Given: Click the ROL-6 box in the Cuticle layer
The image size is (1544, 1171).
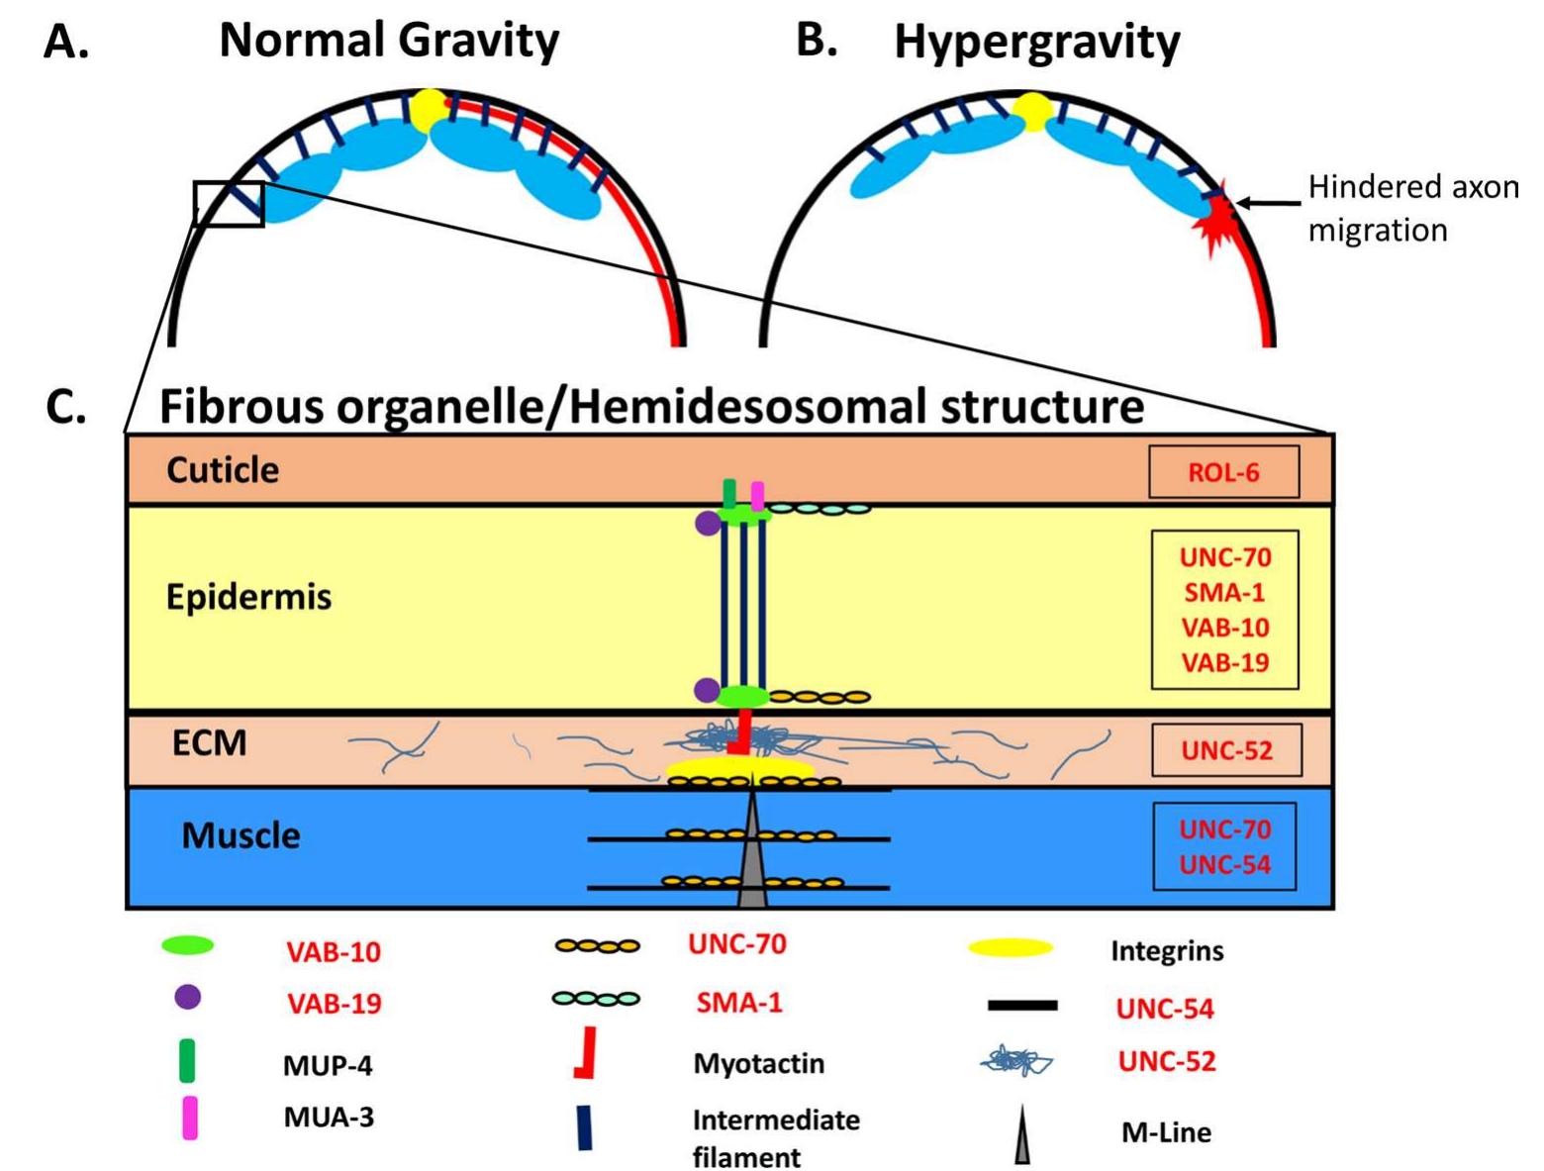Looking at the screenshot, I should tap(1223, 472).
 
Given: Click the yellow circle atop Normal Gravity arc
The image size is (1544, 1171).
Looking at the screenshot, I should tap(431, 109).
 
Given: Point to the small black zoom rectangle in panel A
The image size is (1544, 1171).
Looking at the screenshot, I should tap(229, 204).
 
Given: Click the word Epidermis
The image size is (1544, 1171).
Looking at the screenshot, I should tap(248, 598).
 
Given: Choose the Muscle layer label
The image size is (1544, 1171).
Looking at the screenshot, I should tap(241, 835).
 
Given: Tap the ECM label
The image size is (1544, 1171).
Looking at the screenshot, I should tap(209, 742).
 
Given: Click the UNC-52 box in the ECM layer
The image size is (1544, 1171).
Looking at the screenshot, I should tap(1225, 750).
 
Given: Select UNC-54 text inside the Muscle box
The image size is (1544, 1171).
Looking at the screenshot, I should tap(1224, 864).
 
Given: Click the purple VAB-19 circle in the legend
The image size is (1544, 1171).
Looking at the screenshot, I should tap(187, 997).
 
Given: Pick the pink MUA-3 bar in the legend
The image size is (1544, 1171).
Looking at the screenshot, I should tap(189, 1118).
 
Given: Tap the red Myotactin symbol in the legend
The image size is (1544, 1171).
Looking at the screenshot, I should tap(585, 1053).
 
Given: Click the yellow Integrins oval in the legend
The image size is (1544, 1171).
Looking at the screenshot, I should tap(1010, 948).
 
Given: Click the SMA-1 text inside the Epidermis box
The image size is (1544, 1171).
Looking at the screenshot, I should tap(1224, 593).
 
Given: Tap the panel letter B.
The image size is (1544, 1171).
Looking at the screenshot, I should tap(816, 42).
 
